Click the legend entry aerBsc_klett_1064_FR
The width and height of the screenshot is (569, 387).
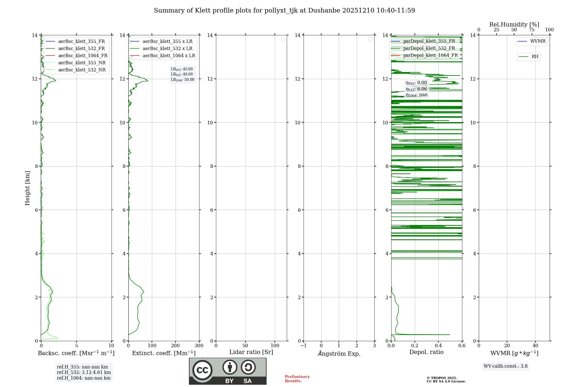coord(83,56)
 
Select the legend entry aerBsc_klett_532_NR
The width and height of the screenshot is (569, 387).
coord(82,70)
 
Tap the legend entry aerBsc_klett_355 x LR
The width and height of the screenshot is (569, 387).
coord(167,42)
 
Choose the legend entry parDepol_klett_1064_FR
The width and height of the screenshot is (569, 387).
coord(430,55)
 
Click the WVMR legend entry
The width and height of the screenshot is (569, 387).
coord(537,41)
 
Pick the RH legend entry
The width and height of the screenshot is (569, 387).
coord(535,57)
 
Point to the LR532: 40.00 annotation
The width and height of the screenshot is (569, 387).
coord(182,74)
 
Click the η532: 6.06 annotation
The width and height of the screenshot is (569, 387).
coord(416,89)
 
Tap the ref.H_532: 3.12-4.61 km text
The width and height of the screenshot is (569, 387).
coord(84,372)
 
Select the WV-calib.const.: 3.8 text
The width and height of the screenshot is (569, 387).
coord(505,366)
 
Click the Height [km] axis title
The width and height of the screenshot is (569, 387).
coord(27,188)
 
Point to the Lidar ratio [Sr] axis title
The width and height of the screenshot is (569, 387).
coord(251,352)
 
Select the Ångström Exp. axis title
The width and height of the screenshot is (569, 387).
coord(339,354)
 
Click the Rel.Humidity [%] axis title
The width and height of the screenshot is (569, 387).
coord(514,24)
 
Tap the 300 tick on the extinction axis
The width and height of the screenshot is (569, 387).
coord(199,346)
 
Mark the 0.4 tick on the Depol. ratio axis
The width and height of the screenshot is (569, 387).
coord(438,346)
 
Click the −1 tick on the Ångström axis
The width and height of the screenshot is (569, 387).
coord(304,346)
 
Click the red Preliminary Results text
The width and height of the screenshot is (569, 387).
coord(297,379)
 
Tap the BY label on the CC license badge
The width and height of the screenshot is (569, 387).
coord(229,381)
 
